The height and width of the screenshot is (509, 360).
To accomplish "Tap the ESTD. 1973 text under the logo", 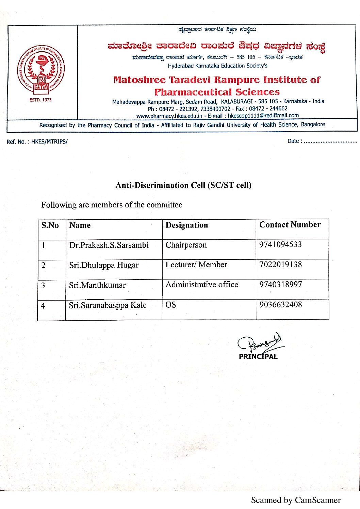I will (40, 100).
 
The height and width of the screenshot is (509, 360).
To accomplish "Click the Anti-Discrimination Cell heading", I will (183, 185).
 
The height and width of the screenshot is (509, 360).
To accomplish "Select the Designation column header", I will (186, 225).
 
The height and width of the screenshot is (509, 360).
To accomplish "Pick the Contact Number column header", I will (290, 225).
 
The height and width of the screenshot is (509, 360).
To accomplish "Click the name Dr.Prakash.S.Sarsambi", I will (109, 245).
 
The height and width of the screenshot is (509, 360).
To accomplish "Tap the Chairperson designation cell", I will (186, 245).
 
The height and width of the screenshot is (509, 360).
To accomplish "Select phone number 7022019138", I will (280, 265).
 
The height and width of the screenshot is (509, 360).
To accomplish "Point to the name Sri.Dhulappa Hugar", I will (104, 265).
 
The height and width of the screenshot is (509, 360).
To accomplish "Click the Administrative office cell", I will (202, 285).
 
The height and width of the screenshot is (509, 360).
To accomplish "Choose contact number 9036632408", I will (280, 305).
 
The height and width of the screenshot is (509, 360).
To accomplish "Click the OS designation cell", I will (171, 305).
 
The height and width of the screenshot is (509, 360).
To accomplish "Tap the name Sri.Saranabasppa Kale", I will (108, 305).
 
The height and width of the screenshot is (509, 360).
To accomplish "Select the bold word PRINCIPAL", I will (258, 357).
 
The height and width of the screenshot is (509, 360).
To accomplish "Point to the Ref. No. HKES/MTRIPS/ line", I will (37, 142).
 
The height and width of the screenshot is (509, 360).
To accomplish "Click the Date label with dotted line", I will (322, 141).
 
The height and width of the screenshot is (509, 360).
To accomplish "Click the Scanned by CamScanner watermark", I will (296, 500).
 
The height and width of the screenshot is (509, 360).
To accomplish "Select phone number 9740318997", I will (280, 285).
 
